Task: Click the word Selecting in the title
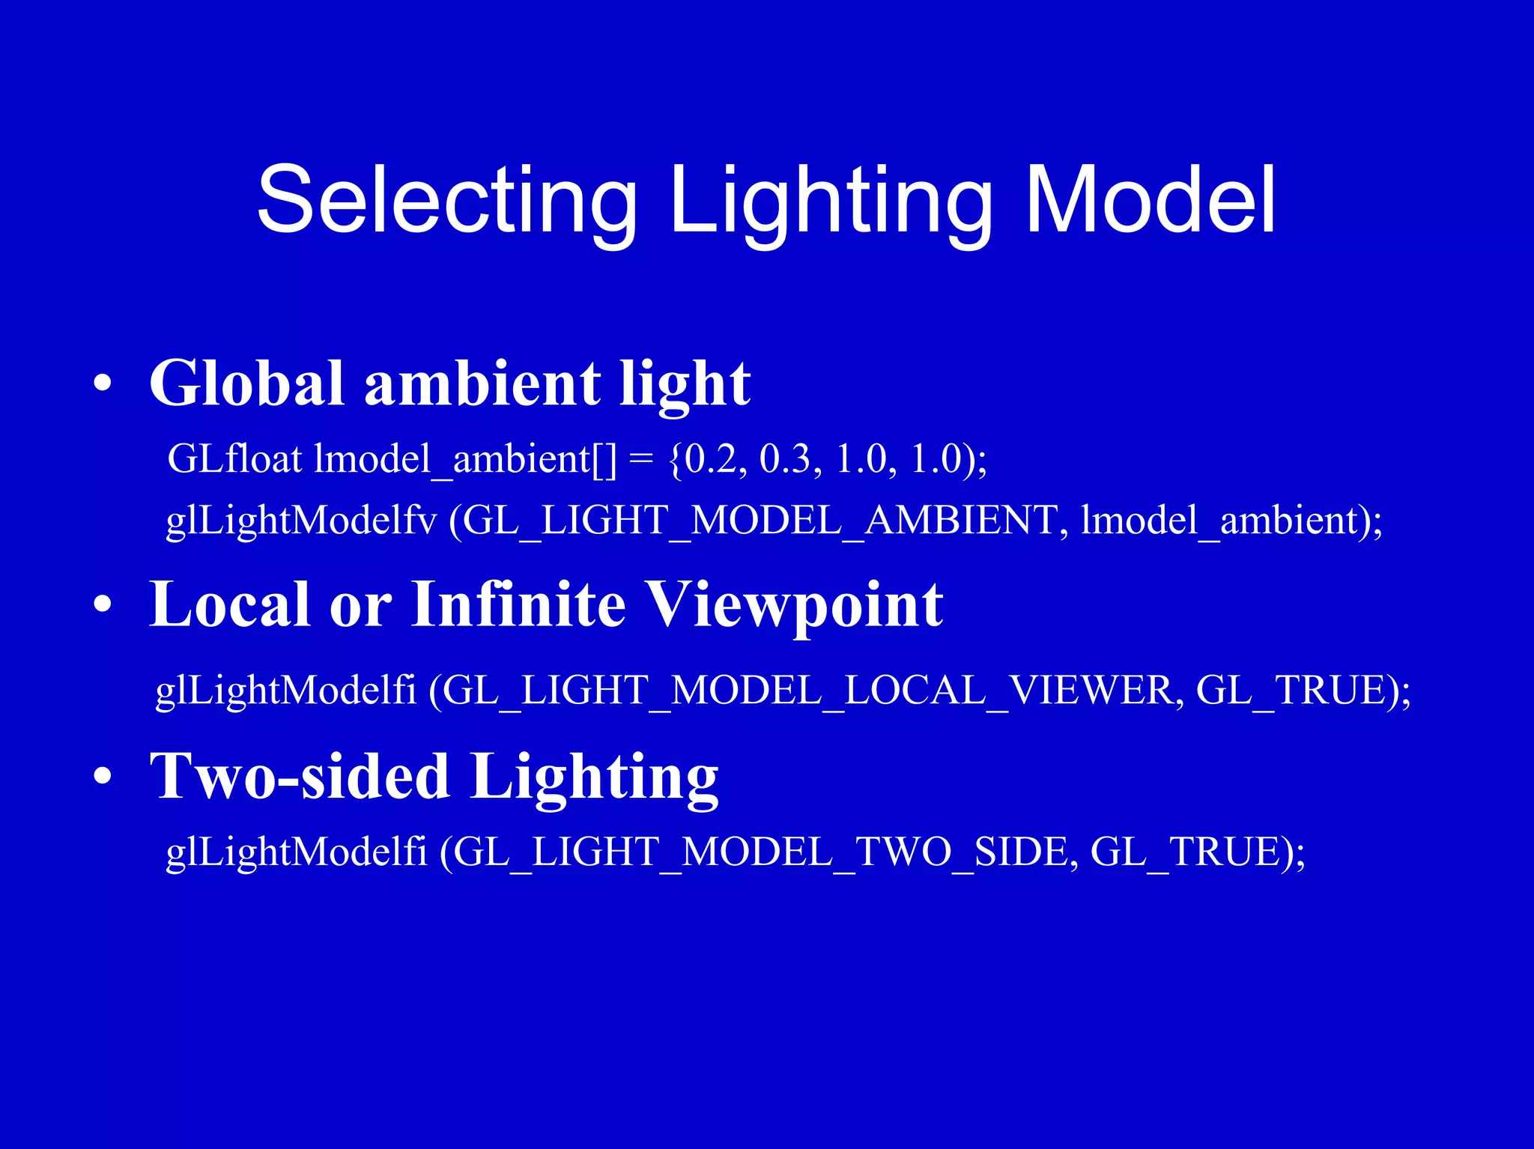point(447,201)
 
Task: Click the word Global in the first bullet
point(246,383)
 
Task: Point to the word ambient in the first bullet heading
point(482,383)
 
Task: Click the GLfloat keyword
point(234,458)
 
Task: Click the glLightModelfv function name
point(301,521)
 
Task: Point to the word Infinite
point(518,604)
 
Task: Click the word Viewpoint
point(794,606)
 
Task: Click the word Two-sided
point(300,776)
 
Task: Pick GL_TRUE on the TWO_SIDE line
point(1187,852)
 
